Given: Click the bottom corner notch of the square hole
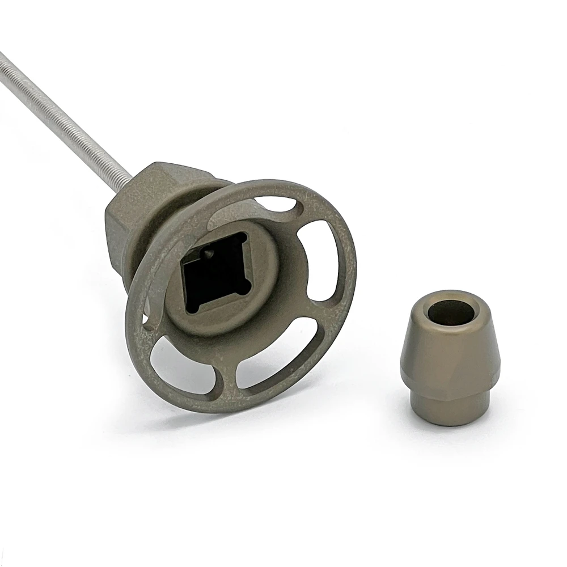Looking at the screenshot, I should [x=196, y=309].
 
